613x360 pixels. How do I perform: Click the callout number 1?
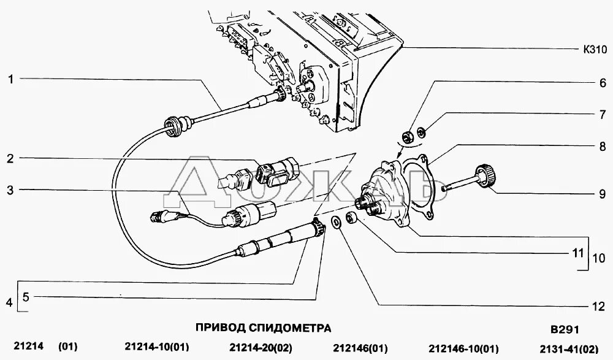pos(10,79)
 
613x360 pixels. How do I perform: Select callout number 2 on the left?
pos(10,158)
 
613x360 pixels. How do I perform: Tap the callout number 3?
pos(10,190)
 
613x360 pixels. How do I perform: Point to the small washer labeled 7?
pos(422,131)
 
